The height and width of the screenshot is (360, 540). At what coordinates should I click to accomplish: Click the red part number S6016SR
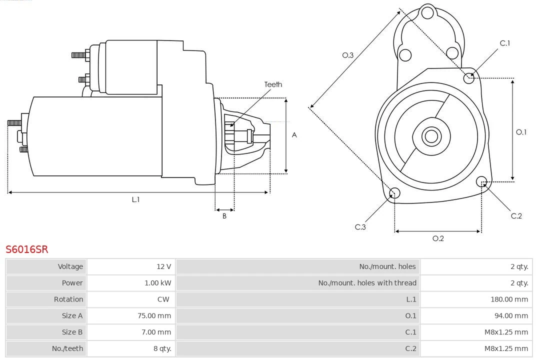click(27, 249)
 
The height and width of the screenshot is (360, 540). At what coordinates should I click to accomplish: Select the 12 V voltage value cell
click(163, 266)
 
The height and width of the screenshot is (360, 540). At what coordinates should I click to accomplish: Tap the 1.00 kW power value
click(157, 283)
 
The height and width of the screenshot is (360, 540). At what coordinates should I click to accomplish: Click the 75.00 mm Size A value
click(154, 316)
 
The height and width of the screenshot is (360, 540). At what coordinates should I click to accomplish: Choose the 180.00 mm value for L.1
click(509, 299)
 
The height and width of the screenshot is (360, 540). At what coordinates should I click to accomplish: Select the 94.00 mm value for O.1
click(510, 316)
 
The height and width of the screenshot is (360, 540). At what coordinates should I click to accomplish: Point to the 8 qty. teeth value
click(162, 348)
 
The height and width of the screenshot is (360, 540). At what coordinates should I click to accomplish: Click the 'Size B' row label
click(72, 332)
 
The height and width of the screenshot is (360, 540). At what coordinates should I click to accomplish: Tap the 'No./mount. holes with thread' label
click(367, 283)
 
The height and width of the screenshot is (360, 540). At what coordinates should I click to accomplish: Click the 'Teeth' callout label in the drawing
click(273, 84)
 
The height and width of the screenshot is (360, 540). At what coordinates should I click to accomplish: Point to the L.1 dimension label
click(135, 199)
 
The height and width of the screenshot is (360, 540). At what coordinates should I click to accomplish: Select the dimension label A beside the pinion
click(294, 135)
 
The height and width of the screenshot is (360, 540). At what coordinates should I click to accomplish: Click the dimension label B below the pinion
click(224, 216)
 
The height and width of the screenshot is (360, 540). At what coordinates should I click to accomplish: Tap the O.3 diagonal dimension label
click(348, 55)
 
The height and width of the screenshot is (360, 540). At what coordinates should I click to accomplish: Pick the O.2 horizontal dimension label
click(438, 238)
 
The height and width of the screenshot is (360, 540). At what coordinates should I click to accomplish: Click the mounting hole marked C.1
click(469, 78)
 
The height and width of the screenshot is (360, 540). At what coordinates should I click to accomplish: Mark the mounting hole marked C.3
click(394, 193)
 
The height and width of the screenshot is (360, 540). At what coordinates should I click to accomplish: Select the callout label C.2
click(516, 216)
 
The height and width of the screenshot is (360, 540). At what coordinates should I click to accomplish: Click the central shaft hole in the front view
click(430, 136)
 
